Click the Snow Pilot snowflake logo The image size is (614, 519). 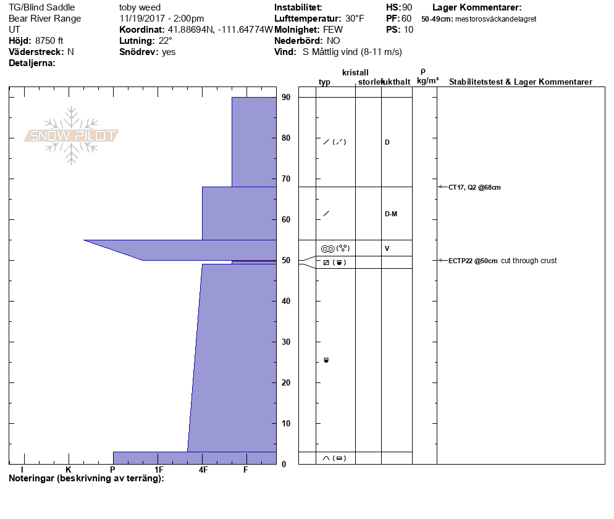pos(71,135)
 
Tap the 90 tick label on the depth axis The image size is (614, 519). pos(286,97)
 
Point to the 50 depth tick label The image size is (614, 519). pos(286,261)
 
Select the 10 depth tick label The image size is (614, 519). pos(286,423)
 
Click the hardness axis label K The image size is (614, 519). pos(69,470)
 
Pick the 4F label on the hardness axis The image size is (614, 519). pos(203,470)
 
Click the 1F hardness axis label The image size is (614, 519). pos(159,470)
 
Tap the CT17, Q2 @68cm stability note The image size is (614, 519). pos(474,187)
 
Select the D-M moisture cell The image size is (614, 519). pos(391,214)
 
